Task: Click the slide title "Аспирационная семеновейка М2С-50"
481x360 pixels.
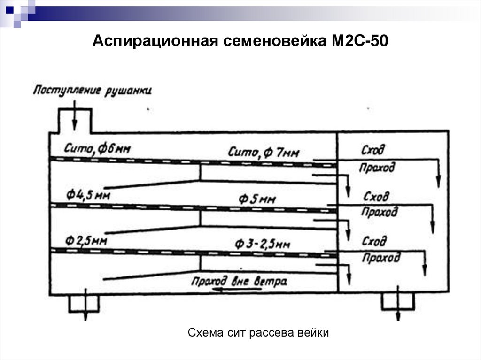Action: (240, 42)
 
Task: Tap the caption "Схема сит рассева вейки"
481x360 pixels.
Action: (258, 334)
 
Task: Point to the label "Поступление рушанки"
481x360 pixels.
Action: (92, 91)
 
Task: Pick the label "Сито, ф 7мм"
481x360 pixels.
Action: (264, 152)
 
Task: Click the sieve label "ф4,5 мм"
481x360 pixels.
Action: (88, 194)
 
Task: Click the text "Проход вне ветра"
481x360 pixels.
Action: (239, 282)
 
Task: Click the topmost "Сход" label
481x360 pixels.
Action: (372, 150)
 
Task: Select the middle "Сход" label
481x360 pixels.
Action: (375, 196)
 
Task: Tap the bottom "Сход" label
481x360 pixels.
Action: (374, 241)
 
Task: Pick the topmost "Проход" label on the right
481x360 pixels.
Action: (377, 167)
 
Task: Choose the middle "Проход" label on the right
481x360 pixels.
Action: (379, 212)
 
